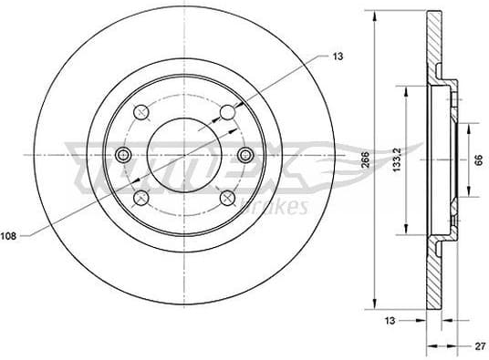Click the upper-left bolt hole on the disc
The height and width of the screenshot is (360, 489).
click(140, 113)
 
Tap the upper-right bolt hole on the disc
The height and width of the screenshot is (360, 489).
click(227, 113)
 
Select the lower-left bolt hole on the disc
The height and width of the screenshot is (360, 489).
click(140, 198)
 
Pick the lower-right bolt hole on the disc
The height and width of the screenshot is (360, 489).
click(227, 198)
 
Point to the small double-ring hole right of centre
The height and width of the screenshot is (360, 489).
click(244, 155)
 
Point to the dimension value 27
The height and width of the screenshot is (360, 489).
click(477, 345)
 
